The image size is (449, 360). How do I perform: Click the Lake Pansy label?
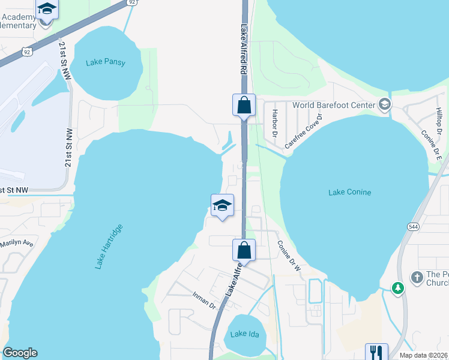106,62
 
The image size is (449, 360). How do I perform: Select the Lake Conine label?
350,192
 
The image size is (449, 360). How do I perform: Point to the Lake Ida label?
245,334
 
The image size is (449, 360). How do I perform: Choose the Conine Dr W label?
289,256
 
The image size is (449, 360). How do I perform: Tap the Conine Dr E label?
431,146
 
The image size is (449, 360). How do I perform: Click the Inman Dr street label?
203,299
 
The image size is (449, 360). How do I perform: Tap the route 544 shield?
412,227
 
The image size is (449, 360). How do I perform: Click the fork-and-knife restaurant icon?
376,352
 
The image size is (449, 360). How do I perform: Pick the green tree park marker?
397,289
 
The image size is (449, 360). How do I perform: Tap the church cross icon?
417,277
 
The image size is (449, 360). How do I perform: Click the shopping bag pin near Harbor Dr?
244,106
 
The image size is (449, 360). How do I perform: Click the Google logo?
20,353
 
